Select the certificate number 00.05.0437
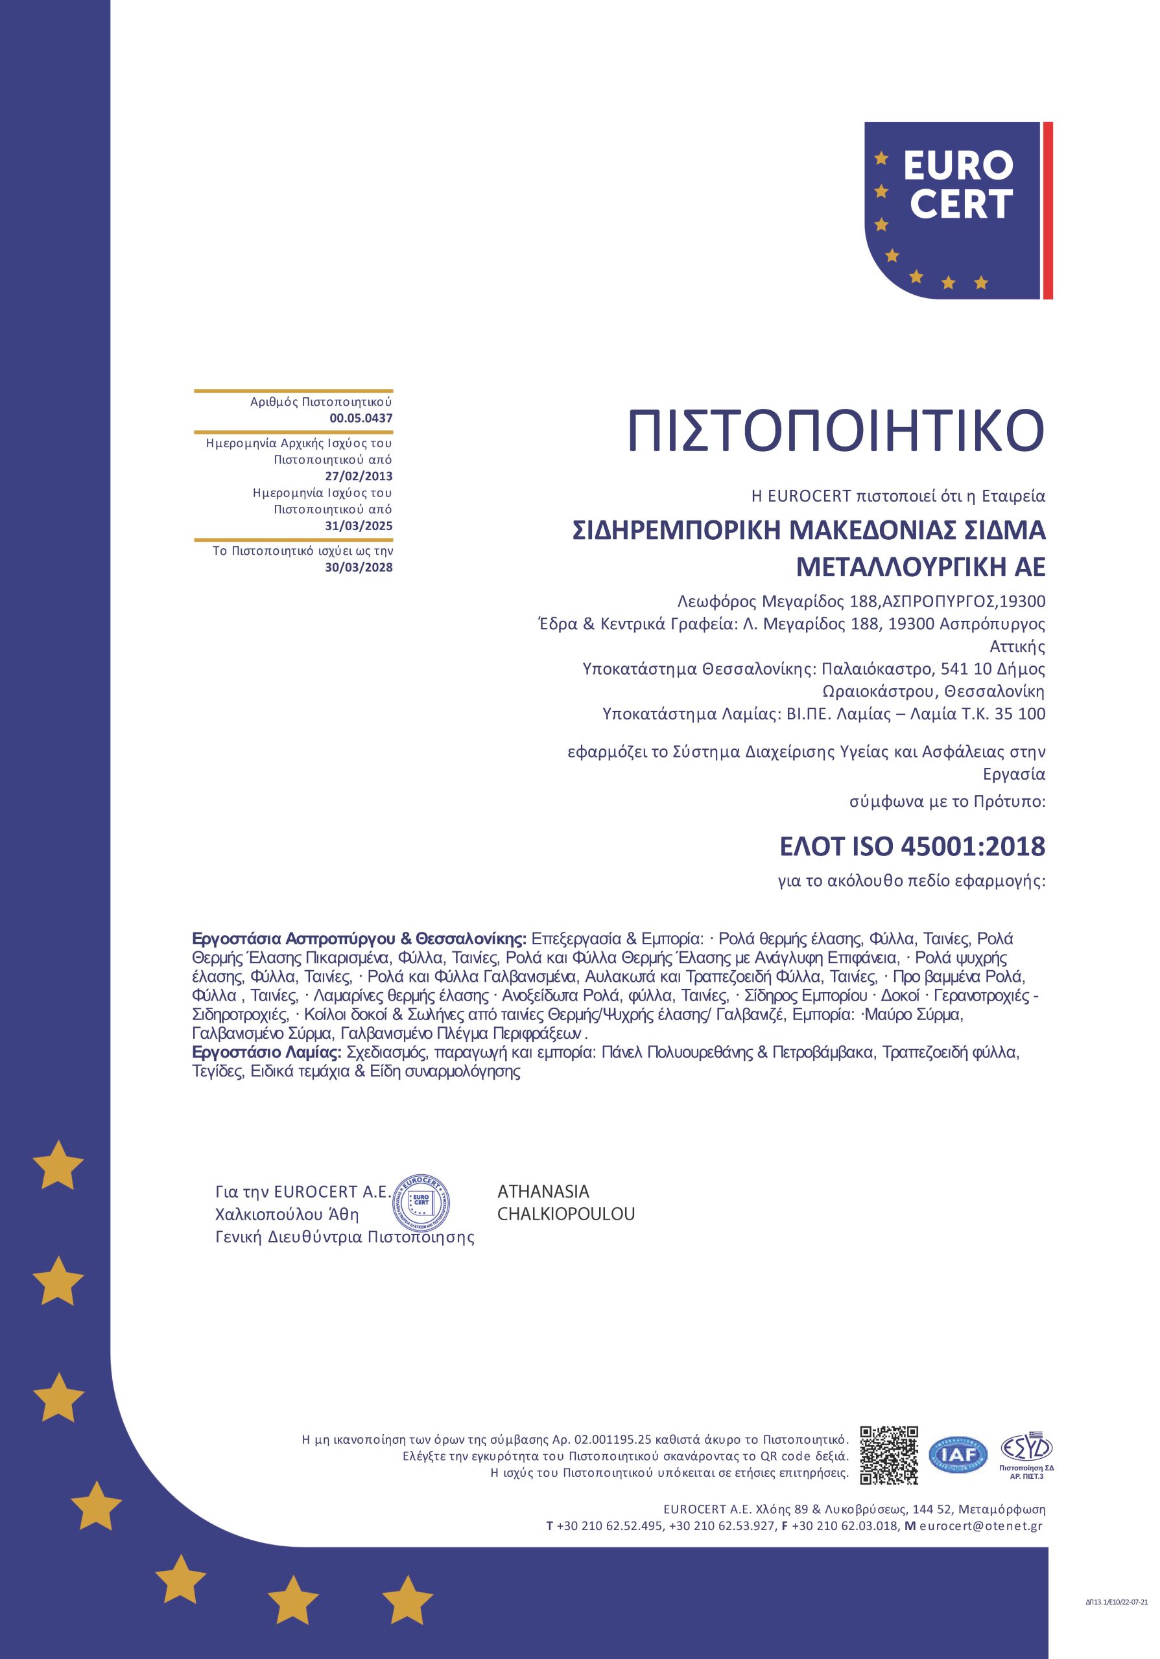coord(361,417)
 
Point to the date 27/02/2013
coord(359,476)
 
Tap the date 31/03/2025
coord(359,526)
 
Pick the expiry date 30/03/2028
coord(359,567)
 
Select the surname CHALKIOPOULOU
coord(566,1214)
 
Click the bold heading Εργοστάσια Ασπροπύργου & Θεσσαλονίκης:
coord(359,939)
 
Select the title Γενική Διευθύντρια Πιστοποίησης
coord(345,1237)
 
